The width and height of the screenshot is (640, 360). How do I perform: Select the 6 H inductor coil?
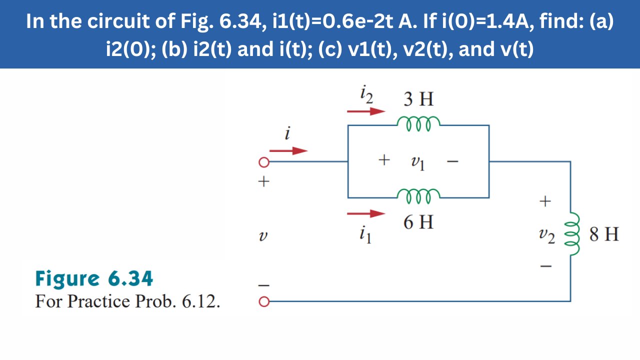click(x=418, y=193)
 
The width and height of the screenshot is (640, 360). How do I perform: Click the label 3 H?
click(x=418, y=99)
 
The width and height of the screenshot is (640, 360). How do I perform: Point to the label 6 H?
click(x=418, y=222)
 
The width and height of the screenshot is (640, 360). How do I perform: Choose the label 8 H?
click(x=604, y=234)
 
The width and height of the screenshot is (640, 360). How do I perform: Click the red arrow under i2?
click(x=366, y=111)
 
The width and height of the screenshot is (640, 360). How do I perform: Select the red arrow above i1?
click(x=366, y=214)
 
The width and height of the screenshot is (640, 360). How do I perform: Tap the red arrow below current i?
click(x=288, y=150)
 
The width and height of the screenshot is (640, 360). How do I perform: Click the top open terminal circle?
click(x=263, y=162)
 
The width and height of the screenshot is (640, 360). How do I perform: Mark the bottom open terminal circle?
click(x=263, y=301)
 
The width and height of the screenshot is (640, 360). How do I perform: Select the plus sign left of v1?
click(x=383, y=160)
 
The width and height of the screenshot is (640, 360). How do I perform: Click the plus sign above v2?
click(x=544, y=201)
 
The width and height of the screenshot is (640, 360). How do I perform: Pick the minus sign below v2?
click(x=546, y=266)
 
